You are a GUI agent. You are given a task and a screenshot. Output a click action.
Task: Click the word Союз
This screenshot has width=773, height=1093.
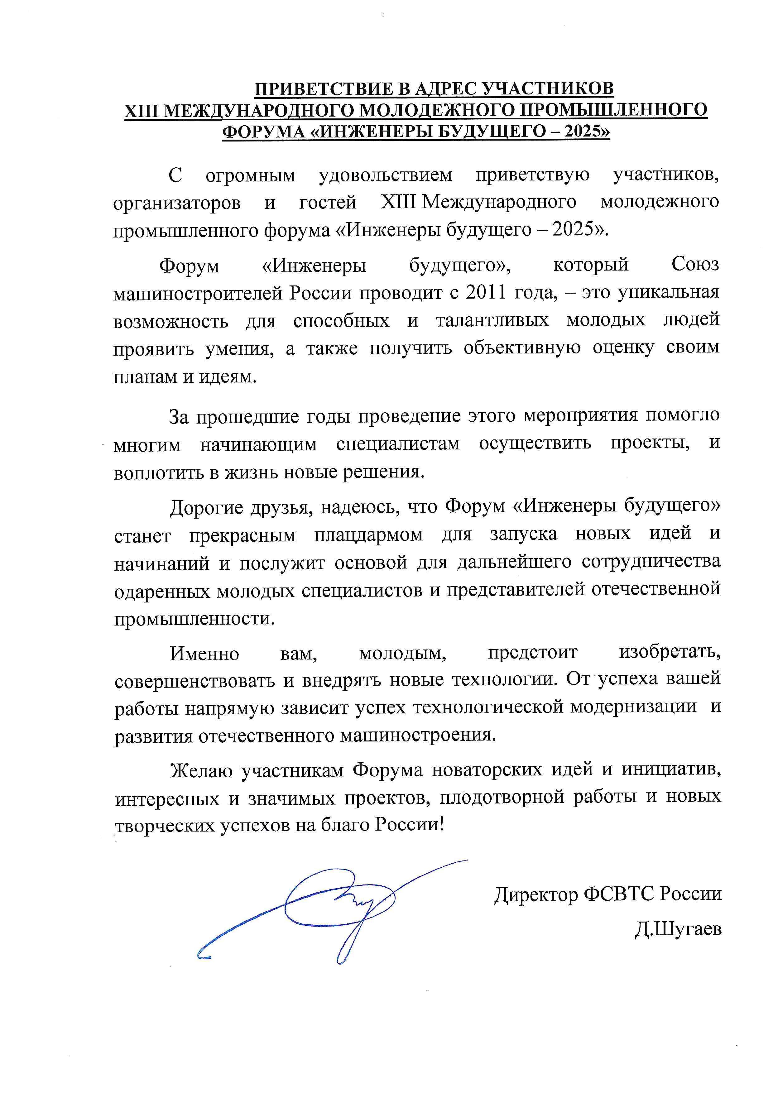coord(695,264)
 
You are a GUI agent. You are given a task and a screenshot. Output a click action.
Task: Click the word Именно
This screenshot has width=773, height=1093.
coord(205,654)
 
